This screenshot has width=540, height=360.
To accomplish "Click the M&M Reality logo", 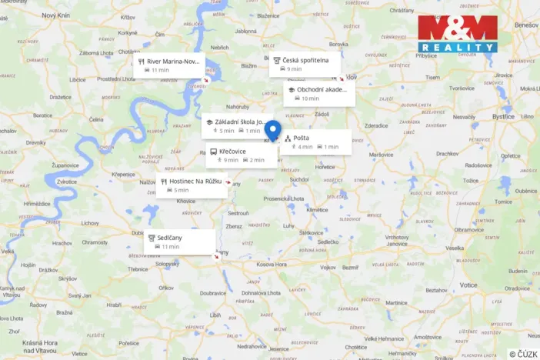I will tap(457, 34).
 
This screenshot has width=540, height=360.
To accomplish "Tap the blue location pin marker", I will tap(279, 132).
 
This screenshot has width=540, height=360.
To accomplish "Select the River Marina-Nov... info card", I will tap(168, 65).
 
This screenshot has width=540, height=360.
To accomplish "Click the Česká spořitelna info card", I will tap(305, 64).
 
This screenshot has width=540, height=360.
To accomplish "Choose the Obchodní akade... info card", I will tap(319, 94).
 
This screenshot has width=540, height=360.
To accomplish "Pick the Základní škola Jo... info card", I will tap(237, 126).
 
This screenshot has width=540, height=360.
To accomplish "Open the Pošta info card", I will tap(315, 142).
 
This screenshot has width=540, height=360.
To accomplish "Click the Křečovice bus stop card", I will tap(241, 155).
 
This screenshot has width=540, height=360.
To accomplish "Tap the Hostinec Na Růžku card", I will tap(192, 185).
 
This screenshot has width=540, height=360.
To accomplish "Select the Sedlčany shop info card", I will tap(180, 242).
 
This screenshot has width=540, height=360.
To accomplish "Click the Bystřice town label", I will tap(503, 117).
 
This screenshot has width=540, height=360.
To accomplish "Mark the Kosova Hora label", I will tap(271, 265).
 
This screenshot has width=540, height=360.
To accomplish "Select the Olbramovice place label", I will tap(469, 229).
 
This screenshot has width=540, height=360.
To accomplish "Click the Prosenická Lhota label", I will tap(285, 198).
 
